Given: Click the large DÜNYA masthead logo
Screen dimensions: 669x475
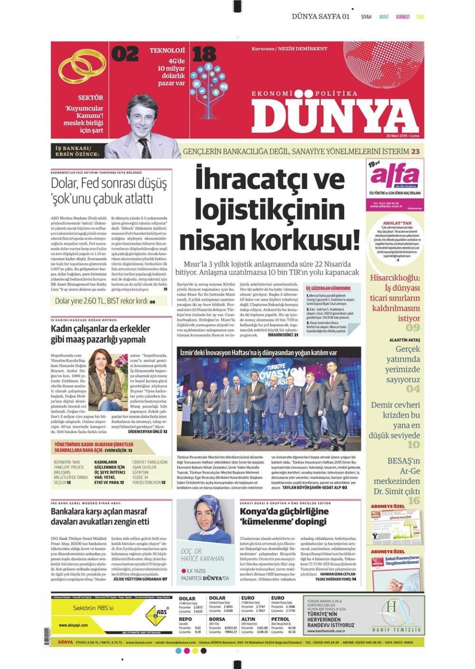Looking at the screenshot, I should [x=334, y=117].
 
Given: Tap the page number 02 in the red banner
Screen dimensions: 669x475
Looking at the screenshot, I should [x=125, y=54].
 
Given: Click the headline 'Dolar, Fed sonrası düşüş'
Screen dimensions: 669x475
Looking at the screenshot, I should [x=109, y=183].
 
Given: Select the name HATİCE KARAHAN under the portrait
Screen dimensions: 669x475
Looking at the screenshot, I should [x=202, y=559].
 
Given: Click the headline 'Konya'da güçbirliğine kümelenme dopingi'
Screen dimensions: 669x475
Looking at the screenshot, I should [x=284, y=516].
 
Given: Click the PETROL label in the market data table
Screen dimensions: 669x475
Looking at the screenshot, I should [x=280, y=619].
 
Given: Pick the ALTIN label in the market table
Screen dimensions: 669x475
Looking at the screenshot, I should [x=248, y=619].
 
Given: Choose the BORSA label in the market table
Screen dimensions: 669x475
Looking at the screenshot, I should [x=217, y=619].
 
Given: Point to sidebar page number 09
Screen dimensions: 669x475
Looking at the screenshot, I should [x=413, y=328].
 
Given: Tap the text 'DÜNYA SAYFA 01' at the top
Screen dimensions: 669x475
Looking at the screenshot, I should [x=321, y=16].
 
